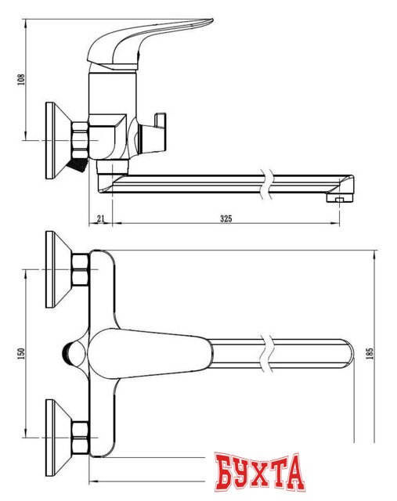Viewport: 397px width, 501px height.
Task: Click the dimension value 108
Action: point(21,79)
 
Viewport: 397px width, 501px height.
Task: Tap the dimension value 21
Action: point(101,218)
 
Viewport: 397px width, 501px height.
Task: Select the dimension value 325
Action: point(226,218)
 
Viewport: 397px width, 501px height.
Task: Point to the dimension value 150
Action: point(21,353)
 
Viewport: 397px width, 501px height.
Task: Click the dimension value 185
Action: point(370,354)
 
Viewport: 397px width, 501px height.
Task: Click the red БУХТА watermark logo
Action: point(258,471)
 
